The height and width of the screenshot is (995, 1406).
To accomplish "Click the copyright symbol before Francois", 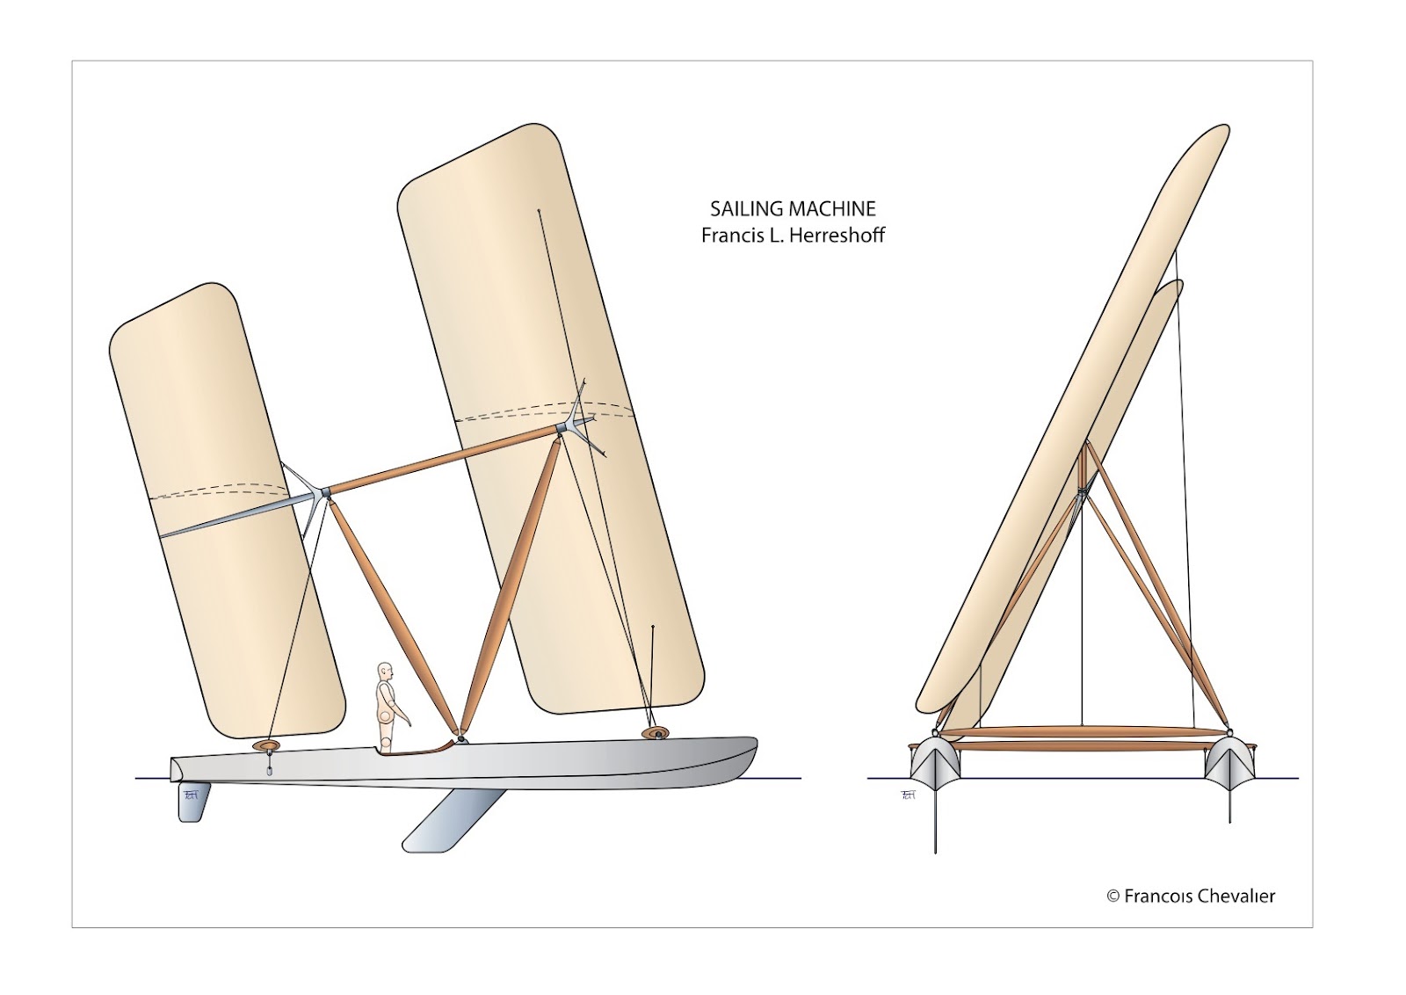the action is click(1112, 897).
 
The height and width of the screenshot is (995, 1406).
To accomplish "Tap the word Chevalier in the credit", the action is click(1235, 897).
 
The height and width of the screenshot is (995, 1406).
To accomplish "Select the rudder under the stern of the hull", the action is click(192, 800).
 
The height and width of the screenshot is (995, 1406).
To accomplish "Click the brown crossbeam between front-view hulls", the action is click(1081, 732).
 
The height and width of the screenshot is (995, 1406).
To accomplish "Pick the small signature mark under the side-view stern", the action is click(192, 794).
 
